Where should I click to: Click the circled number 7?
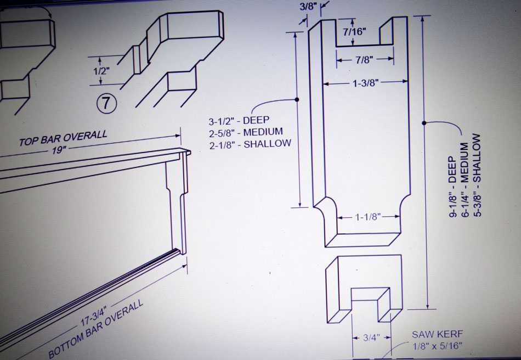[106, 103]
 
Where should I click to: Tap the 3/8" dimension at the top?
[307, 7]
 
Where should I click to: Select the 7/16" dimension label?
[354, 32]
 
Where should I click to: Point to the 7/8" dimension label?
[364, 60]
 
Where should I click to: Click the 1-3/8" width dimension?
[365, 83]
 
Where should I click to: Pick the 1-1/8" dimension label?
[368, 217]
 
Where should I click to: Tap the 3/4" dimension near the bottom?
[371, 337]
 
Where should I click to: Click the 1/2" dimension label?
[101, 71]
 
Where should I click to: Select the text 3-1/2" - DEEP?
[239, 120]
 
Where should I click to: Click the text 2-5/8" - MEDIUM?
[246, 133]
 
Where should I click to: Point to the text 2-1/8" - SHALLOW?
[250, 144]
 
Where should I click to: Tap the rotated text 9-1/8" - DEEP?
[452, 187]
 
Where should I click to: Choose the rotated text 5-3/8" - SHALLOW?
[477, 175]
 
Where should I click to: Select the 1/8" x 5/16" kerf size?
[437, 346]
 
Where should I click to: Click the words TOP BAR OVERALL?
[63, 138]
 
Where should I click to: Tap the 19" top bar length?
[58, 150]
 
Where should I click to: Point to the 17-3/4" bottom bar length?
[94, 318]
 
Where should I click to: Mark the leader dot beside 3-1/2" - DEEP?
[297, 99]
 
